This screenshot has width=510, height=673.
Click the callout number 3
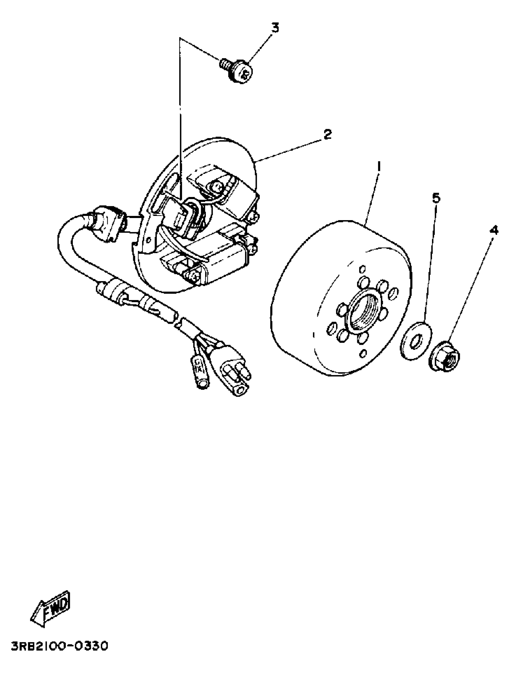pyautogui.click(x=275, y=28)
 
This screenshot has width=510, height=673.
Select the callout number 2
pyautogui.click(x=327, y=134)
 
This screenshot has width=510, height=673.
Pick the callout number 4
pyautogui.click(x=494, y=230)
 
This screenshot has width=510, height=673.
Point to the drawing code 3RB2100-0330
pyautogui.click(x=60, y=653)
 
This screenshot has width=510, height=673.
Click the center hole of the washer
pyautogui.click(x=415, y=341)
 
